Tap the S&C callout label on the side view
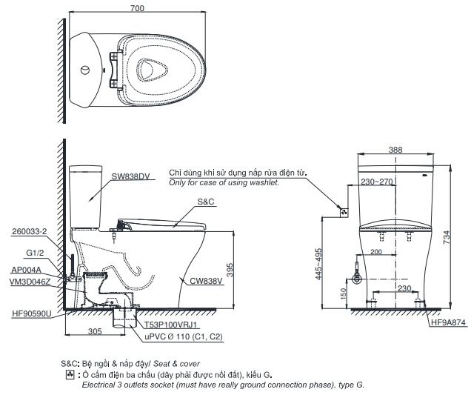point(206,201)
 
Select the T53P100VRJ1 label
point(170,325)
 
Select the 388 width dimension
point(395,150)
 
